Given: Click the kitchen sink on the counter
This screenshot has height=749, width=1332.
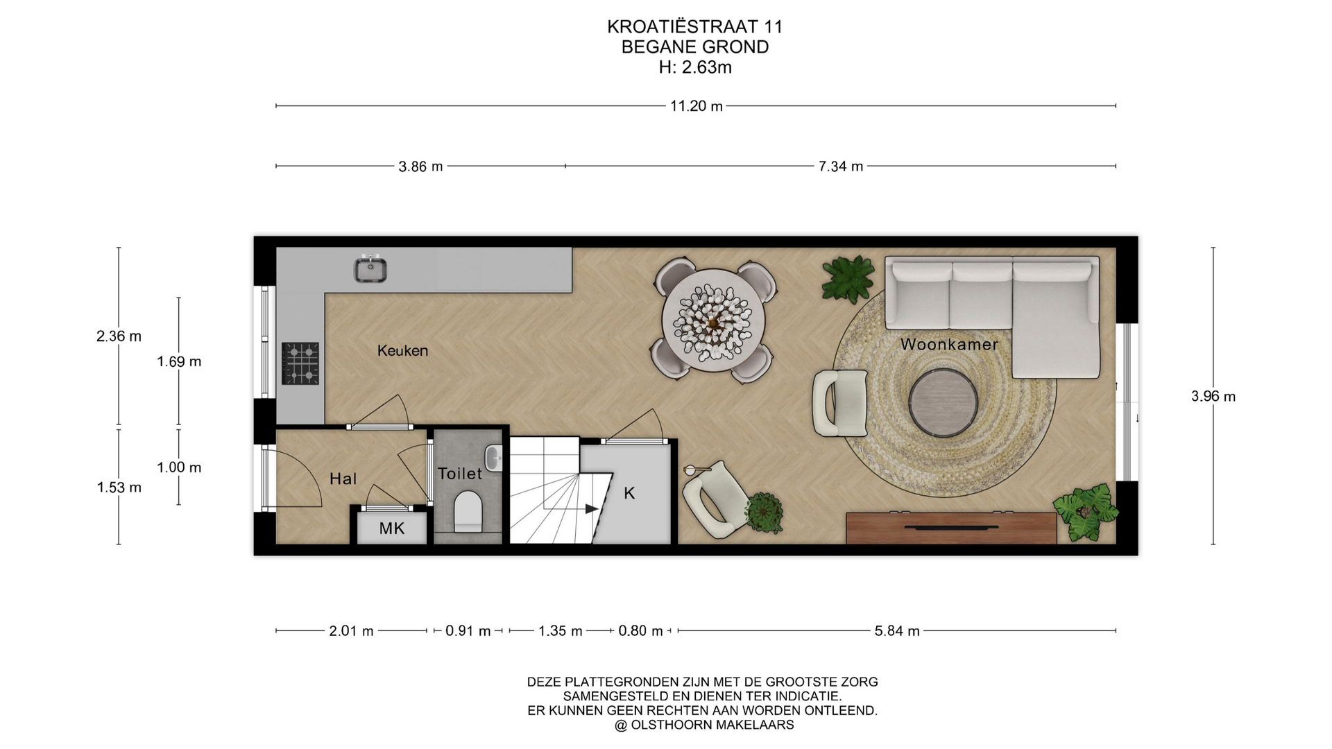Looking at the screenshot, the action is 370,268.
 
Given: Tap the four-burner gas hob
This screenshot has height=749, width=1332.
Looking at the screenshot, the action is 300,363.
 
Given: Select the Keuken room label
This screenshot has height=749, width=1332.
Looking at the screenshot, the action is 402,351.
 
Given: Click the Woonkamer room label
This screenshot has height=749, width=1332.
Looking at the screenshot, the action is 949,344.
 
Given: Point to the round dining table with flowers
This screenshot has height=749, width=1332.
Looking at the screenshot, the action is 713,321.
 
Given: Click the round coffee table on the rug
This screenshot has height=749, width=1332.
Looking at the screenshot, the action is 943,403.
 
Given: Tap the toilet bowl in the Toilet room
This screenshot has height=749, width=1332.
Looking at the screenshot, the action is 468,512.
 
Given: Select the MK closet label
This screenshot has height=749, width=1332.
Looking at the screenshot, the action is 392,529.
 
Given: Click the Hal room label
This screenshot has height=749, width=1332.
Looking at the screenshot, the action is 343,479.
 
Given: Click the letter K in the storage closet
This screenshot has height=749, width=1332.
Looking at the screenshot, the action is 629,493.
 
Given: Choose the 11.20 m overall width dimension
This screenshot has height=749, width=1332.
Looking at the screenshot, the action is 697,106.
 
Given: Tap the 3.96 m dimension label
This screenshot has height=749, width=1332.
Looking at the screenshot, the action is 1213,397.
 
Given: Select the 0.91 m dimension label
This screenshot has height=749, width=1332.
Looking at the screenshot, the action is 468,631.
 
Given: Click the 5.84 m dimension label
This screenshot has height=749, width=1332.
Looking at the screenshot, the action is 897,631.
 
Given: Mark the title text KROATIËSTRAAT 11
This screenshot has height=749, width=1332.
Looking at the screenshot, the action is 695,26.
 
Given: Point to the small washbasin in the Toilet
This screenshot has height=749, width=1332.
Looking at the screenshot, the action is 493,458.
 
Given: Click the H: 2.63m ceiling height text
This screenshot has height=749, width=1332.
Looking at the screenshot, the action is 695,67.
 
